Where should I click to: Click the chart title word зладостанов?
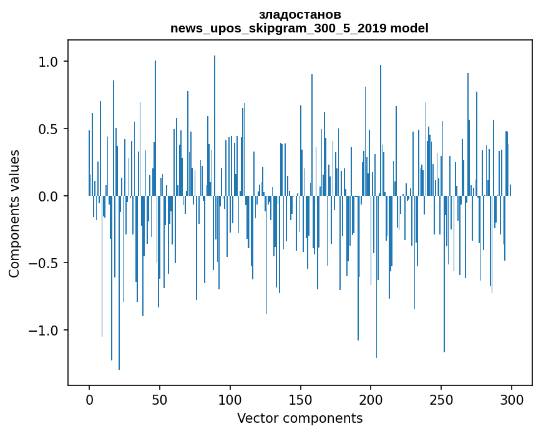coord(300,15)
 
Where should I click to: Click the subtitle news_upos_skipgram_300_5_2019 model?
coord(300,28)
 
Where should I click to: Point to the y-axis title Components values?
coord(14,213)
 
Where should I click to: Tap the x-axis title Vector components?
coord(300,418)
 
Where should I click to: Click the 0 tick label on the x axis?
coord(89,398)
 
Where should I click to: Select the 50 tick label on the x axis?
coord(160,398)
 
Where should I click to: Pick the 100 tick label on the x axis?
coord(230,398)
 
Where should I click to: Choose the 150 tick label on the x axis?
coord(300,398)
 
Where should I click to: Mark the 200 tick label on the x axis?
coord(371,398)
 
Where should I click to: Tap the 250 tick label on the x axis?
coord(441,398)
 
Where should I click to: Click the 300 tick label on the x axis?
coord(512,398)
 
